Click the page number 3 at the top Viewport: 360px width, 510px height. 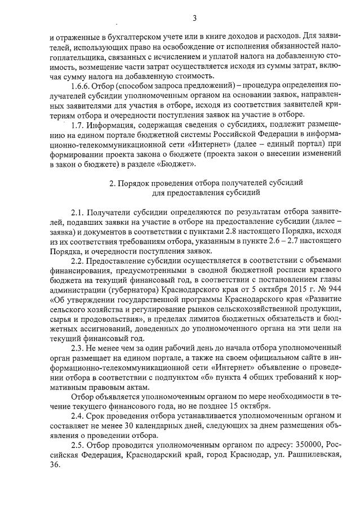point(194,18)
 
